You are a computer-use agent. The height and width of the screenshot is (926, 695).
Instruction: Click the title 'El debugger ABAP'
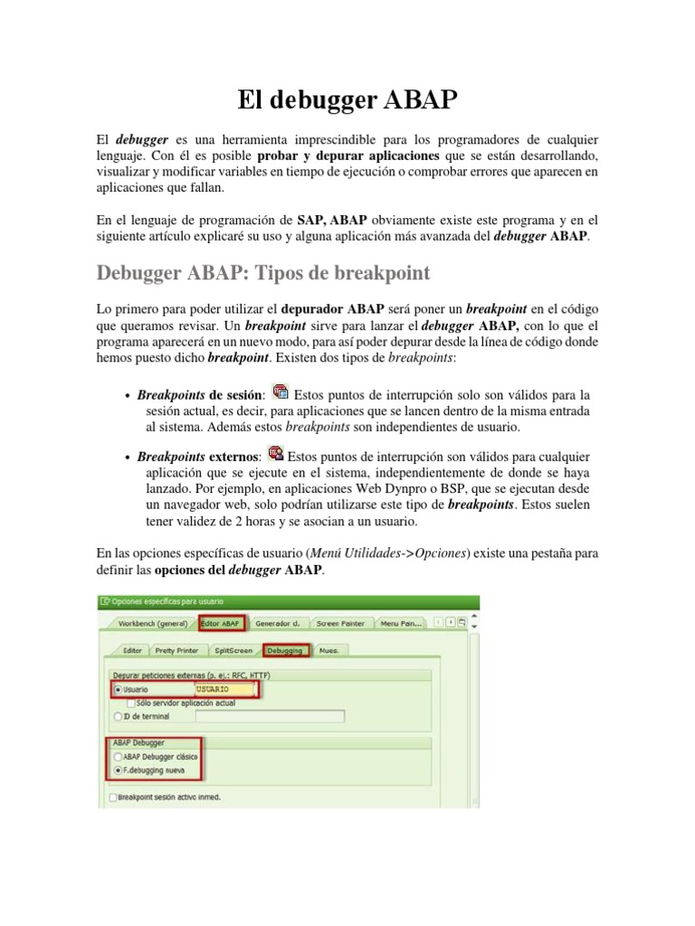(x=347, y=99)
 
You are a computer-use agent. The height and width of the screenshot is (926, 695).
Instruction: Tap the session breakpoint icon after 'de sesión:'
(x=280, y=392)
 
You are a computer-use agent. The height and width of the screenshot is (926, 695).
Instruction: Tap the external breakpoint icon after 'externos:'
(x=276, y=454)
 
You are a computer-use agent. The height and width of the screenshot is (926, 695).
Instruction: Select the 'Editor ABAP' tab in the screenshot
(x=221, y=623)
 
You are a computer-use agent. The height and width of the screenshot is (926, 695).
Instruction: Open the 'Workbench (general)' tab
(x=152, y=623)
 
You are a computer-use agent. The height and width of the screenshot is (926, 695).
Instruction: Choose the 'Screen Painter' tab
(x=340, y=623)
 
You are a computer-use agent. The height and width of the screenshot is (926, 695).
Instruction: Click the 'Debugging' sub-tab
(x=286, y=649)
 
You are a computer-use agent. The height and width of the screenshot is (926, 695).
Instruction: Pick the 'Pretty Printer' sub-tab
(x=176, y=649)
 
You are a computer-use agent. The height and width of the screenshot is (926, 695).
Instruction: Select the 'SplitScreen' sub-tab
(x=233, y=649)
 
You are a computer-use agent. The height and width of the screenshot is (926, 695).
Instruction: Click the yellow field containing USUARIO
(x=223, y=689)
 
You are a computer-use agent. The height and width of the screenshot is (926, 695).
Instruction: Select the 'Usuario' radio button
(x=118, y=689)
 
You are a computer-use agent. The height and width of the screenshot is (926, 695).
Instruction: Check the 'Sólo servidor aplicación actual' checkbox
(x=132, y=702)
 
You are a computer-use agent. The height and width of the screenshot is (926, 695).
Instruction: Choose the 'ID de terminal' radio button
(x=118, y=716)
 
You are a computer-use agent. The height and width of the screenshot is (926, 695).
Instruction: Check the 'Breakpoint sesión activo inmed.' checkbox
(x=112, y=797)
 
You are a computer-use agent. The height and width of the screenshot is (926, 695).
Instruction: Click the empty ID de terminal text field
(x=269, y=716)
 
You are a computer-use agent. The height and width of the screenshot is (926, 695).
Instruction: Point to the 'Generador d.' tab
(x=277, y=623)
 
